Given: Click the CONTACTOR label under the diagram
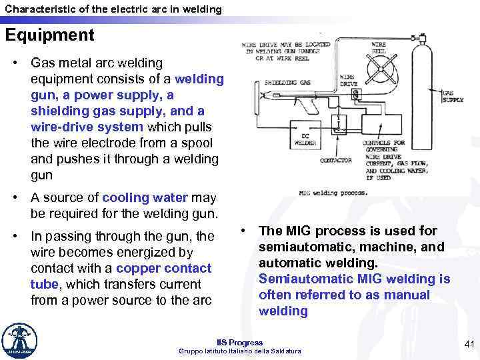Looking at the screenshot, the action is [336, 160].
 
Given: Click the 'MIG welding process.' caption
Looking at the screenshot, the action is [333, 193].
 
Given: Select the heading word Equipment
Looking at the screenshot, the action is [50, 35].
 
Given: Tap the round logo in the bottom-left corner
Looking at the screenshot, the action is [20, 341].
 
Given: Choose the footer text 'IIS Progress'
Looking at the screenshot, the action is [240, 343].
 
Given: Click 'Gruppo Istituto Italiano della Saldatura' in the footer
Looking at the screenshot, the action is [240, 351].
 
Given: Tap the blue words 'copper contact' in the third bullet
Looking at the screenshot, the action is [163, 268].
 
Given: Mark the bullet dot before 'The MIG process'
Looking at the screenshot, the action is [245, 231].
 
